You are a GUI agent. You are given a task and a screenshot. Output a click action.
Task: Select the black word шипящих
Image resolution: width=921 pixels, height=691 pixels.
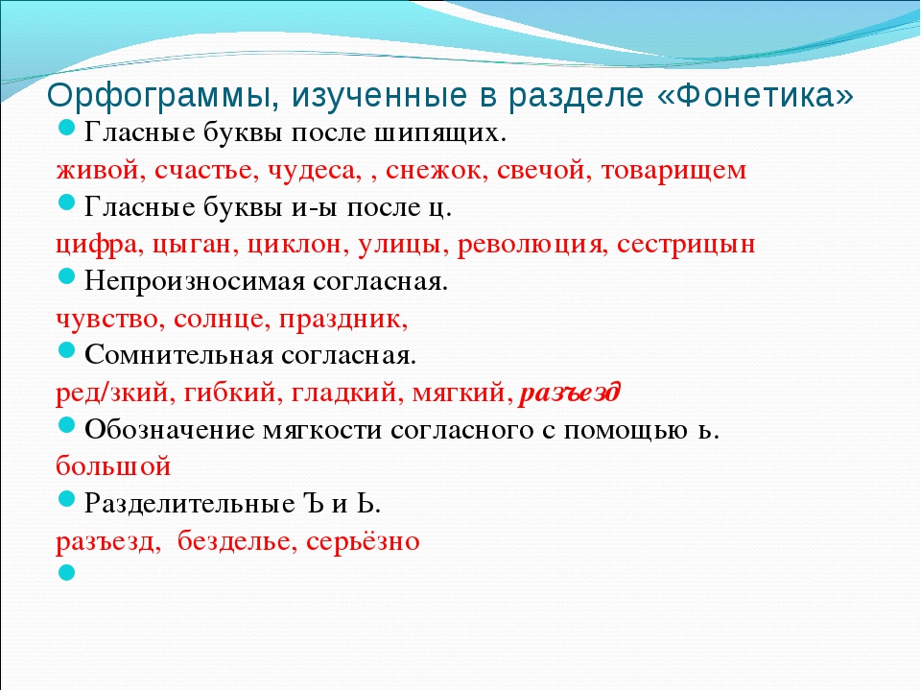439,134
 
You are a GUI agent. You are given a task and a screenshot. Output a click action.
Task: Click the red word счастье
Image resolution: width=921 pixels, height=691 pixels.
206,171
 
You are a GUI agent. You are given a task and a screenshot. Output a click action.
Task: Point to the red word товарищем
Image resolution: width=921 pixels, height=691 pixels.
673,172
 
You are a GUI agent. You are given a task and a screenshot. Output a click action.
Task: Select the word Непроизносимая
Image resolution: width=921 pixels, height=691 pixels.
195,282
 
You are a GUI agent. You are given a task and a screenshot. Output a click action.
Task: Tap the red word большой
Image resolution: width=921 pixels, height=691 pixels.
113,467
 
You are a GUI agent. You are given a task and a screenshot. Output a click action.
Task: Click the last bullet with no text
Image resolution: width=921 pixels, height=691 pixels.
67,573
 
